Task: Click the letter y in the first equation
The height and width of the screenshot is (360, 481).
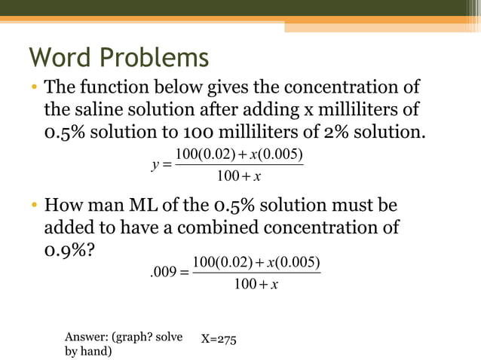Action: coord(155,166)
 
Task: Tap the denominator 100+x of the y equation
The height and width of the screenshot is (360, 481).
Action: coord(238,177)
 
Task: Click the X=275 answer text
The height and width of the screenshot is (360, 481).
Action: coord(219,340)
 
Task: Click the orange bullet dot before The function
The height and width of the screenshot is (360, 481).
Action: coord(35,89)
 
